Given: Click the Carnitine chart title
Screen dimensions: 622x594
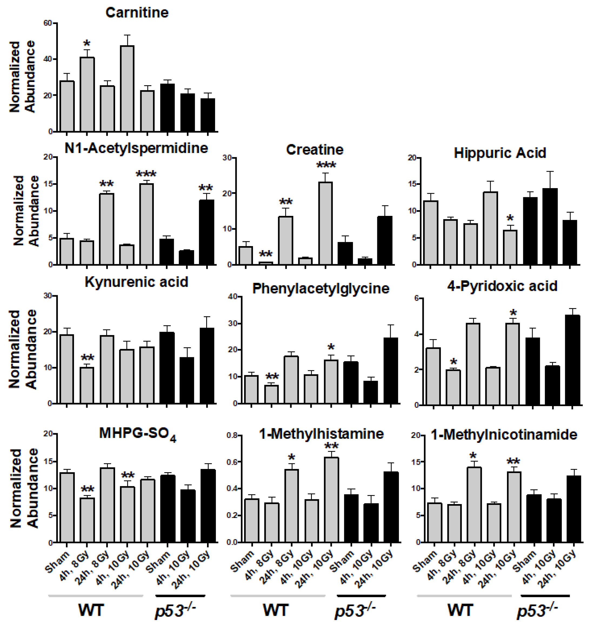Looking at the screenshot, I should point(137,13).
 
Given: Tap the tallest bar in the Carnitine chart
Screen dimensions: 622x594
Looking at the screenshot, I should point(127,89).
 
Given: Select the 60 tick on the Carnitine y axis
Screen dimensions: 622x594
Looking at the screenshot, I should point(48,23).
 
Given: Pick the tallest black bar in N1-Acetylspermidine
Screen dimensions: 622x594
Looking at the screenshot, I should point(207,232).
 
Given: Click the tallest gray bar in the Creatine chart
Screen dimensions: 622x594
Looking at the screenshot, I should point(325,223).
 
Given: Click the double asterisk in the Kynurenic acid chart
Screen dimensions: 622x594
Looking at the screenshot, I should point(87,358).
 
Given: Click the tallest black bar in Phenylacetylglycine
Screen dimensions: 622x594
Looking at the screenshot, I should point(391,371).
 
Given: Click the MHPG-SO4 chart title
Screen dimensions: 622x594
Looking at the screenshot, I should point(137,434).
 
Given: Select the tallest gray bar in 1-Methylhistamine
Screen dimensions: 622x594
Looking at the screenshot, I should point(332,499).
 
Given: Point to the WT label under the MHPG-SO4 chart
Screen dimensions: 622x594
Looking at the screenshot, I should point(91,610).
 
